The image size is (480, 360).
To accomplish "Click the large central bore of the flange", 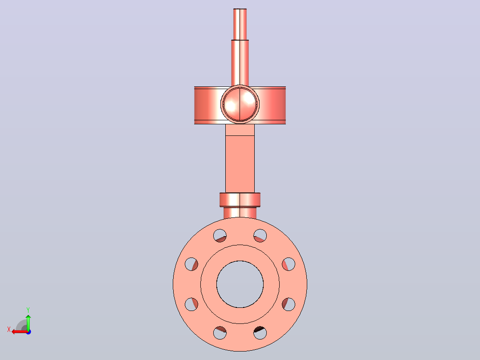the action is pyautogui.click(x=240, y=284).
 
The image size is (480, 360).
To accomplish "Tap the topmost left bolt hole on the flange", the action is pyautogui.click(x=220, y=236).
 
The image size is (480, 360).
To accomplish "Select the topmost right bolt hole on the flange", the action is pyautogui.click(x=260, y=236).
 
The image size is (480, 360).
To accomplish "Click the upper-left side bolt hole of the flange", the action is pyautogui.click(x=191, y=264).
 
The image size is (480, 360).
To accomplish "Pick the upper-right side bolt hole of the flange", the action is pyautogui.click(x=289, y=264).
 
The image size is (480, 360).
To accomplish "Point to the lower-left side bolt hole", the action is pyautogui.click(x=191, y=304).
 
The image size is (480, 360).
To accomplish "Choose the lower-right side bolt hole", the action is pyautogui.click(x=289, y=304).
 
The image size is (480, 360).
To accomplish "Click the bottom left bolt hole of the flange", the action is pyautogui.click(x=220, y=333).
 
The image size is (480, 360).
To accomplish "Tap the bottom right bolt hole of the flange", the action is pyautogui.click(x=260, y=333).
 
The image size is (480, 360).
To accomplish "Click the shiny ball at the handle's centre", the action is pyautogui.click(x=240, y=104).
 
